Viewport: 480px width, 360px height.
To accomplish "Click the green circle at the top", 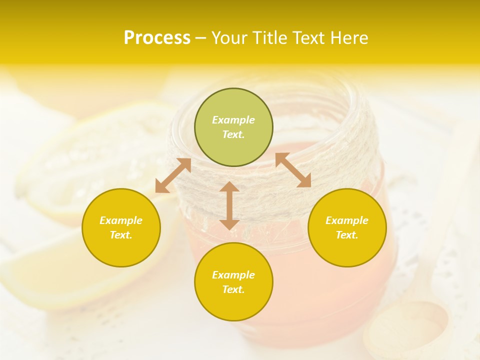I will pos(233,127).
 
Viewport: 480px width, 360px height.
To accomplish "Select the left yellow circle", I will pos(121,227).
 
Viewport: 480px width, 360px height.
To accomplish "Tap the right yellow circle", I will pos(347,227).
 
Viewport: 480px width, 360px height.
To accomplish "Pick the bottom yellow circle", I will pos(233,282).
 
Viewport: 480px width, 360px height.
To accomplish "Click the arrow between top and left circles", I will pos(173,175).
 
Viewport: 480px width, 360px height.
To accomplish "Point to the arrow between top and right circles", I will pos(293,170).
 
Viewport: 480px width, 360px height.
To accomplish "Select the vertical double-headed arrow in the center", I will pos(229,205).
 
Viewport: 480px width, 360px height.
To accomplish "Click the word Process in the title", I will pos(157,38).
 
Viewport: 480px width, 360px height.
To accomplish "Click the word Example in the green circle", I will pos(233,120).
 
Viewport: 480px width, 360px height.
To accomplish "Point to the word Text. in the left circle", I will pos(121,235).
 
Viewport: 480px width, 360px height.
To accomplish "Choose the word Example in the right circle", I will pos(347,220).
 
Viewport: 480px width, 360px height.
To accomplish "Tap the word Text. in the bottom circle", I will pos(233,289).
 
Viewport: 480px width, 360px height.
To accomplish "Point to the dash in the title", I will pos(200,38).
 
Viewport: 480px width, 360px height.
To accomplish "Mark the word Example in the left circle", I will pos(121,220).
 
